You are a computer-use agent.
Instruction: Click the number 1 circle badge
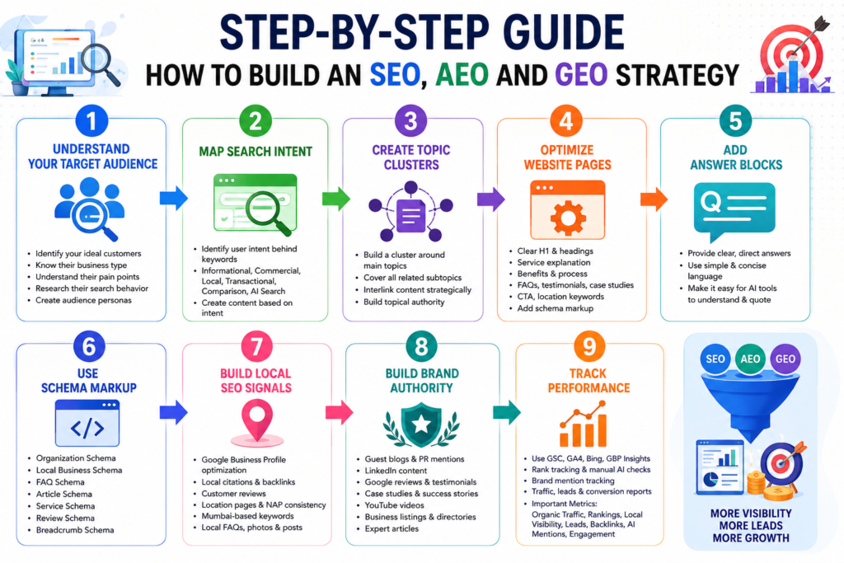91,120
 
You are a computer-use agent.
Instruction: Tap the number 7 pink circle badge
257,346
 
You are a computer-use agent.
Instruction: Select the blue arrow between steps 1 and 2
173,198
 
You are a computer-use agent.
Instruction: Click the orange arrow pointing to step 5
654,199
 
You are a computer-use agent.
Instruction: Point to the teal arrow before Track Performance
507,412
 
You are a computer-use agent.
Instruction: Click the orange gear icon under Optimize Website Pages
568,218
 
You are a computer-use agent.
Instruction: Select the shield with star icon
421,425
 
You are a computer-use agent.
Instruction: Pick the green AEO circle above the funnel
750,359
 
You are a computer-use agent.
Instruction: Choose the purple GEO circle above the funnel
785,359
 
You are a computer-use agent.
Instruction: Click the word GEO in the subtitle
581,75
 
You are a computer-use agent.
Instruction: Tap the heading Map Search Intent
256,151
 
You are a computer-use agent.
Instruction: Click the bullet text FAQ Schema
60,482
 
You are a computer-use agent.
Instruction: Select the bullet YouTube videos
395,505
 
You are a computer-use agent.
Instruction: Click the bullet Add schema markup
556,308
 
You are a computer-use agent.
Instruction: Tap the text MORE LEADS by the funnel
751,525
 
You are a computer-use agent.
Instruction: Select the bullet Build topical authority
404,302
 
